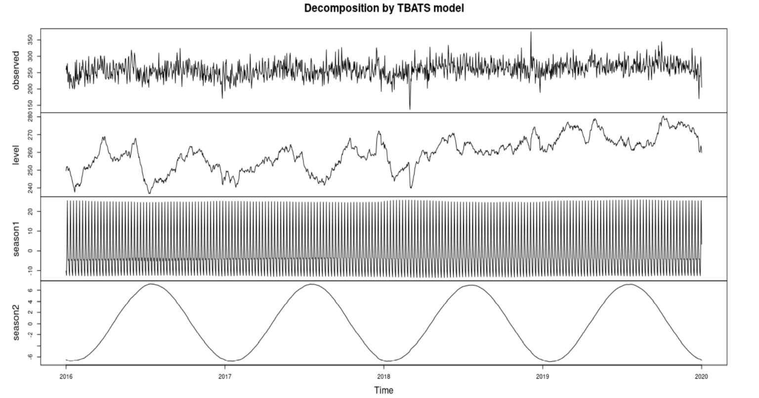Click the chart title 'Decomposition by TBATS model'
(384, 8)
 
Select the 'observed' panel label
(16, 70)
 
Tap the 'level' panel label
(16, 155)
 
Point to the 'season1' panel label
(16, 239)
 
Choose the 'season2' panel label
(16, 322)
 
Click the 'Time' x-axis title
(384, 390)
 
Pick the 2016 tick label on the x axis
(66, 376)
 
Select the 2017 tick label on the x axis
(225, 376)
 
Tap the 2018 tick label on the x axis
(383, 376)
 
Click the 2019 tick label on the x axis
(543, 376)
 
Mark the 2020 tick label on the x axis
(702, 376)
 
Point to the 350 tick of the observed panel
(30, 40)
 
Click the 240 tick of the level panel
(30, 188)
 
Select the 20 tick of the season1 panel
(30, 211)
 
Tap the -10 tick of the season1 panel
(30, 270)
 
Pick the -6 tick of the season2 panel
(30, 357)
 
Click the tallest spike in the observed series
(531, 33)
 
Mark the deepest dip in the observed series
(410, 109)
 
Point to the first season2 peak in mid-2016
(152, 284)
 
